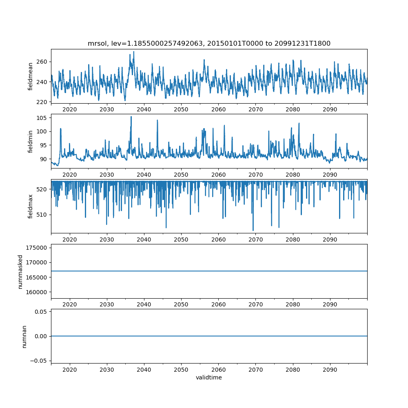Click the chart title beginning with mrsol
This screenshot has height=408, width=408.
[209, 43]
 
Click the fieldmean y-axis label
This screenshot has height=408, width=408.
[31, 77]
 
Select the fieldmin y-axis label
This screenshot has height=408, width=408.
[31, 141]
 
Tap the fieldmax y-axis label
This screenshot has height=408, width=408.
[31, 206]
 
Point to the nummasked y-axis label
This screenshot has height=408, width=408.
[20, 272]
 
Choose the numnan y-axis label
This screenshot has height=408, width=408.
[24, 337]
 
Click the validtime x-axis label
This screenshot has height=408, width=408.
[209, 378]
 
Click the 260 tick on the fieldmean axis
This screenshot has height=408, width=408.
[42, 62]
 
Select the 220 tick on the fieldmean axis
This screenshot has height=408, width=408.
[42, 102]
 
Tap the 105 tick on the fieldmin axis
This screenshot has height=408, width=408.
[42, 118]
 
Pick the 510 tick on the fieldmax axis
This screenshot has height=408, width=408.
[42, 215]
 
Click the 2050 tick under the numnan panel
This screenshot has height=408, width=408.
[181, 370]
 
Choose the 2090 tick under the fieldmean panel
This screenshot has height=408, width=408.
[330, 109]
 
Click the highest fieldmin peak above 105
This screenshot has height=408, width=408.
[131, 117]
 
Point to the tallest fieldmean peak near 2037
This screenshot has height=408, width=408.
[133, 52]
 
